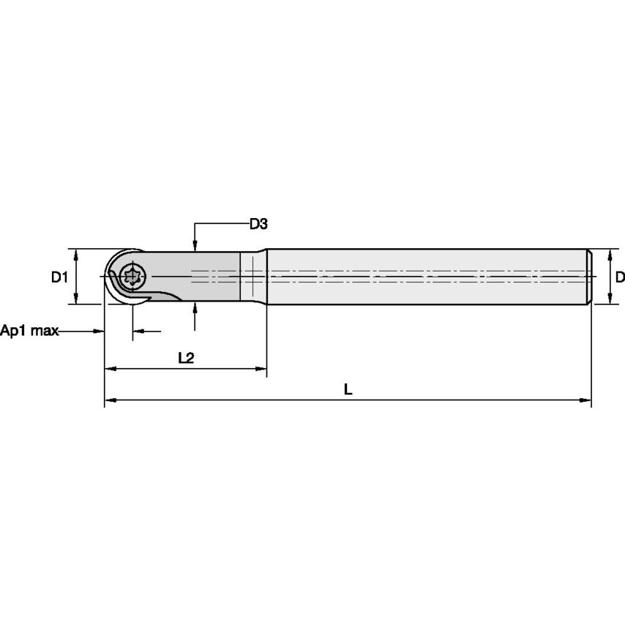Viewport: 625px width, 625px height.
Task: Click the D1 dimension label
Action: [59, 277]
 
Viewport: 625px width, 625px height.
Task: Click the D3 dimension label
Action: [258, 224]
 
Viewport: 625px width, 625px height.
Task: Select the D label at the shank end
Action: [619, 277]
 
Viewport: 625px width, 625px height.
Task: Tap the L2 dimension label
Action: [186, 358]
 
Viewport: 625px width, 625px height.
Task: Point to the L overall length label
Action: [348, 390]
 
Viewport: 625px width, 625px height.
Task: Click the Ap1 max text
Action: [29, 331]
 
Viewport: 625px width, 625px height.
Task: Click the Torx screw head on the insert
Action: [133, 277]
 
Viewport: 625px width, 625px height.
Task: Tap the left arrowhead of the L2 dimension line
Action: [110, 369]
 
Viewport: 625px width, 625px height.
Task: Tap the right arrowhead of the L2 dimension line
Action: [261, 369]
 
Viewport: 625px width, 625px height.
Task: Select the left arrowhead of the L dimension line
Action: [110, 400]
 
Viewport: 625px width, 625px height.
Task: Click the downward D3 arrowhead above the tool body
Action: [195, 245]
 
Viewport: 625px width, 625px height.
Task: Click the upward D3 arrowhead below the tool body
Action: [195, 307]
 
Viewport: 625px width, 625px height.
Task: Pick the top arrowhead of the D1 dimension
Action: [76, 253]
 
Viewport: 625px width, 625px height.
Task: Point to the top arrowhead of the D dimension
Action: [610, 254]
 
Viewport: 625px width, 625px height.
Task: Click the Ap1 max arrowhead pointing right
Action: [100, 332]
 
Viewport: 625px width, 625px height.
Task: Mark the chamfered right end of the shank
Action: [588, 277]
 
